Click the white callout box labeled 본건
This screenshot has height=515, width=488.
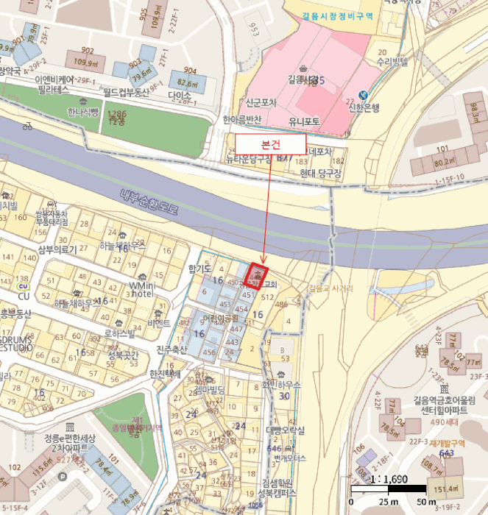(x=270, y=143)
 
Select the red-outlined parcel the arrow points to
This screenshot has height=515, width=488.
(x=255, y=276)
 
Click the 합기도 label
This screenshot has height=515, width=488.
(x=199, y=269)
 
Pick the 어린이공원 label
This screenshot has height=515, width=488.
(x=220, y=318)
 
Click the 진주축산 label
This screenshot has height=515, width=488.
(x=172, y=349)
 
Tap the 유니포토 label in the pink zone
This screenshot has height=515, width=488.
(x=304, y=121)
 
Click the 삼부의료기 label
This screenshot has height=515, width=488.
(x=57, y=250)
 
